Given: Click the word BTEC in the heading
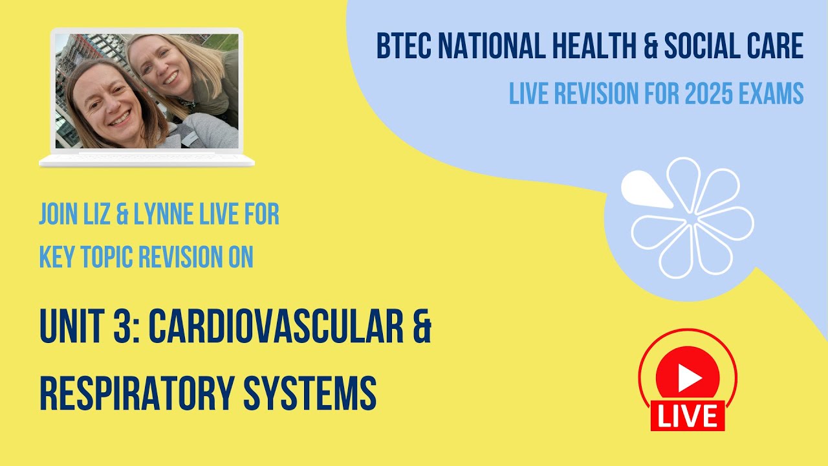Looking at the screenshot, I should pos(402,47).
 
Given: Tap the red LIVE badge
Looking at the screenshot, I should pos(688,416).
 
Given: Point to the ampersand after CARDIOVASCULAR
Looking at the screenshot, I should pos(421,328).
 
